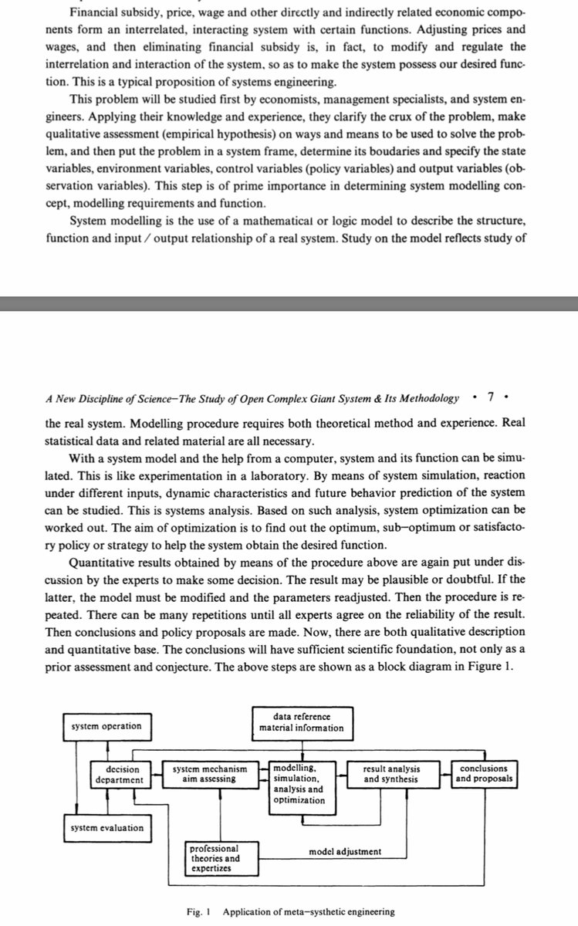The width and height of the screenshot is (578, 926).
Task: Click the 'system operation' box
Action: [x=106, y=726]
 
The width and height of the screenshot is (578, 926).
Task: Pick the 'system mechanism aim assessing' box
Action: [x=210, y=774]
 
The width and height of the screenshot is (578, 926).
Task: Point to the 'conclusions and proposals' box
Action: [x=483, y=774]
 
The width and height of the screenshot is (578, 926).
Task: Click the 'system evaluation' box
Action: [x=106, y=828]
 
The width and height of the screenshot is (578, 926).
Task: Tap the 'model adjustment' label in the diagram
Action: [x=345, y=852]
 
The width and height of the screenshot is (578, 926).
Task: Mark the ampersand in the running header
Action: [x=355, y=398]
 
